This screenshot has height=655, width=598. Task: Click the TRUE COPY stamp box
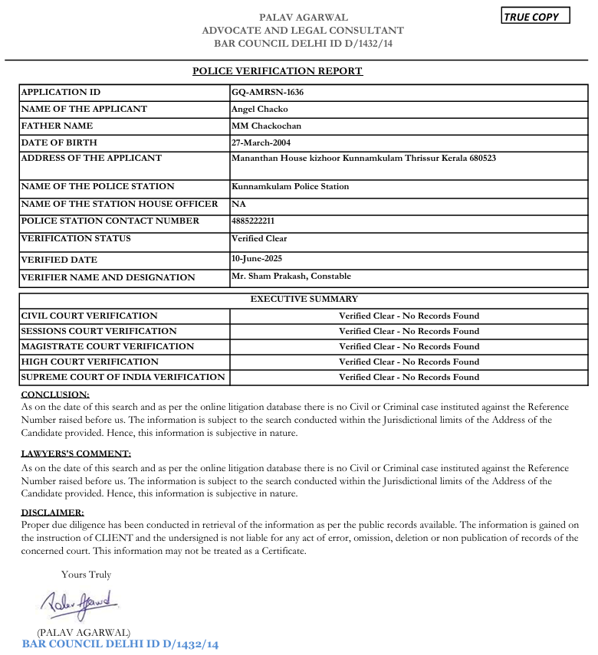(535, 16)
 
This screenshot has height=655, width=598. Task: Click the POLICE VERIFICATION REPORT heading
(277, 71)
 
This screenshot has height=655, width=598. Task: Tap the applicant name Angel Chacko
(259, 109)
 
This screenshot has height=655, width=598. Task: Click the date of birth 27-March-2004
(261, 142)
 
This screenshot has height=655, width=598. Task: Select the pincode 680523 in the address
(481, 159)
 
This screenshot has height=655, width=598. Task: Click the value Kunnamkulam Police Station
(290, 186)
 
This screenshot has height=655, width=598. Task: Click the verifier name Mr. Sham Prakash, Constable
(291, 276)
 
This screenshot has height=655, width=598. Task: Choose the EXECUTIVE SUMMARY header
(304, 300)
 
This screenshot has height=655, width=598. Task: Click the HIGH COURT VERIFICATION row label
(90, 362)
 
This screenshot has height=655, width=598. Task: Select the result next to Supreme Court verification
(409, 377)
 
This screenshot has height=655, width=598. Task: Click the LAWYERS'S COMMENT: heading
(76, 454)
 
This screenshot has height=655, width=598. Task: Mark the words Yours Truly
(86, 575)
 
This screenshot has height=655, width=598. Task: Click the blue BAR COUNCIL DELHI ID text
(120, 644)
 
